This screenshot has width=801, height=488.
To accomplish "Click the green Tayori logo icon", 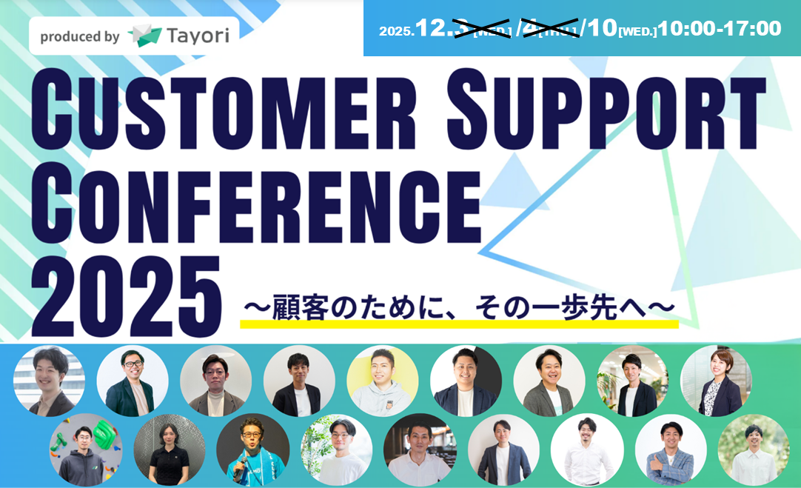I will [x=144, y=36].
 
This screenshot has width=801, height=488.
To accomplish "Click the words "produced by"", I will [x=79, y=36].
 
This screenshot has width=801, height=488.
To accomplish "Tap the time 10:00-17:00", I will [x=720, y=29].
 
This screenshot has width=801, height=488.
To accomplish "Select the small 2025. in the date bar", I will [x=397, y=31].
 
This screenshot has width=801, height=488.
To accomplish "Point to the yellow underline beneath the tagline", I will [x=459, y=324].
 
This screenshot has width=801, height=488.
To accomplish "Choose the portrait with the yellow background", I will [x=382, y=381].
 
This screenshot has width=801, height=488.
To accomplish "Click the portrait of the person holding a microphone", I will [x=252, y=449].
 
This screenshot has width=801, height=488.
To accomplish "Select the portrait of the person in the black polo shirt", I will [x=170, y=449].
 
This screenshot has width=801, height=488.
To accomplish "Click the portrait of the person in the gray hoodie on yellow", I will [x=382, y=381].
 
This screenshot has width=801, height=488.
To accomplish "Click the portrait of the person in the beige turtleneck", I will [x=215, y=381].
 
